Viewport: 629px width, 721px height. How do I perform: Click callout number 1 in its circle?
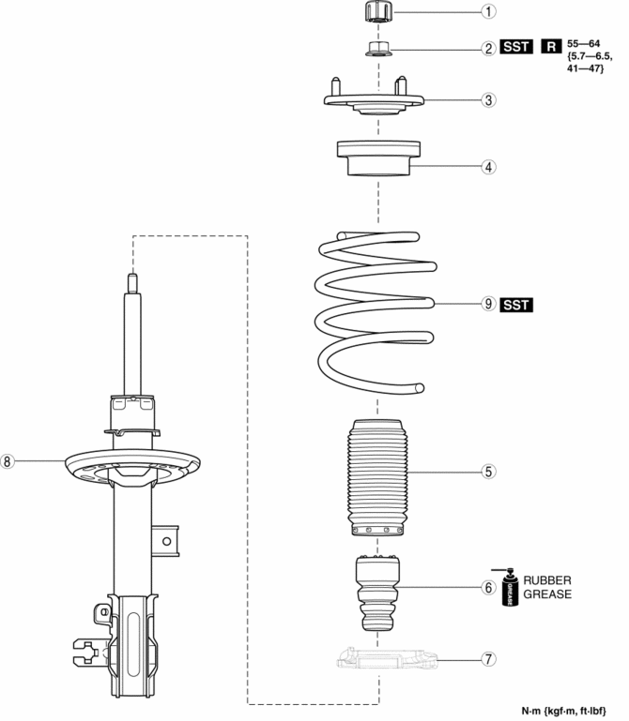click(x=488, y=11)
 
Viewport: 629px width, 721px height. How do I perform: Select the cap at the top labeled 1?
click(x=378, y=11)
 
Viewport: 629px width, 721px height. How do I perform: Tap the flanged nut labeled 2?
click(x=379, y=49)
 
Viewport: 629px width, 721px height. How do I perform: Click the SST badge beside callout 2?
click(x=516, y=47)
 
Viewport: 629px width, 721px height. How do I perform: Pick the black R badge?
click(x=551, y=47)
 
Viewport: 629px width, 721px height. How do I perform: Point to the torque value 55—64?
click(x=583, y=44)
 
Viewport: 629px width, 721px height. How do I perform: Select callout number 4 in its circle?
click(x=488, y=167)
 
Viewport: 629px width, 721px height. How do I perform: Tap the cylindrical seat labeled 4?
click(x=378, y=158)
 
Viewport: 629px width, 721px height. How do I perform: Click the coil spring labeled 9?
click(x=376, y=312)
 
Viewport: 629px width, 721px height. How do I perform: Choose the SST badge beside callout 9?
click(x=516, y=305)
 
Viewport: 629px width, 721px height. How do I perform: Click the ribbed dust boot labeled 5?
click(x=377, y=477)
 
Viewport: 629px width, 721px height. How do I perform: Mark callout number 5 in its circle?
click(x=488, y=472)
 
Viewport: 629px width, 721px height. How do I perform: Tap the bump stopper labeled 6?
click(x=377, y=593)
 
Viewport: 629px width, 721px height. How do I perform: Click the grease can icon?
click(x=508, y=588)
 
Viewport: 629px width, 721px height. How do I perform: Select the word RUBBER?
click(x=547, y=580)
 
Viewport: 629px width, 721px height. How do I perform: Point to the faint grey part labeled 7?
click(x=387, y=658)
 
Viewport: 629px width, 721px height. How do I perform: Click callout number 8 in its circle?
click(x=8, y=460)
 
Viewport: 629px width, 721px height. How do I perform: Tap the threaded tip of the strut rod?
click(x=132, y=283)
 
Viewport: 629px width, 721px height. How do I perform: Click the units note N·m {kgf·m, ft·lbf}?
click(x=563, y=711)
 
